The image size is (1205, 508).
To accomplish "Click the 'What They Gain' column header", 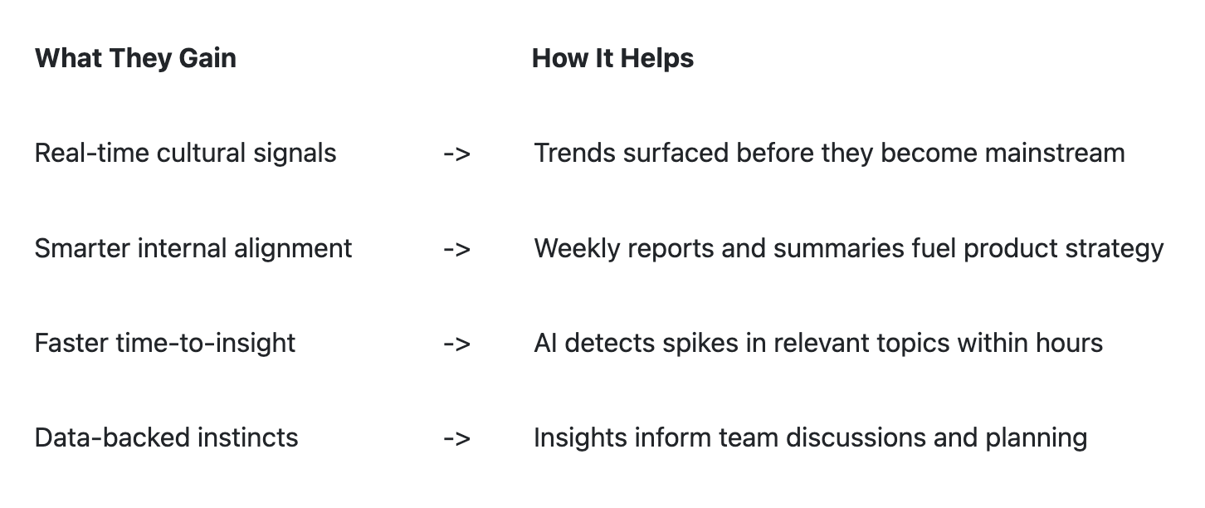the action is click(x=135, y=59).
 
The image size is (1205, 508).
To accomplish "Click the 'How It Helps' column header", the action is click(x=612, y=58).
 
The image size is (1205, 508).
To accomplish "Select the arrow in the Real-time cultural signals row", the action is click(x=456, y=154).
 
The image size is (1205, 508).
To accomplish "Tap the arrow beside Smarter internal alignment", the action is click(x=456, y=250).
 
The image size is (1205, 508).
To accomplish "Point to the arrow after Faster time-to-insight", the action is click(x=456, y=344).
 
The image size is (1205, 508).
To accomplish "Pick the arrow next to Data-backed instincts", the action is click(x=456, y=439).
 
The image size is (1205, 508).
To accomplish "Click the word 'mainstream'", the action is click(x=1055, y=153).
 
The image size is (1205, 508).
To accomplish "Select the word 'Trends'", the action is click(x=574, y=153).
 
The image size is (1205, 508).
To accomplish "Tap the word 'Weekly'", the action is click(x=577, y=249).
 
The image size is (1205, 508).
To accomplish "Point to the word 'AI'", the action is click(x=545, y=344).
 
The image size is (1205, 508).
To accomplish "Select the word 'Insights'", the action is click(x=580, y=438).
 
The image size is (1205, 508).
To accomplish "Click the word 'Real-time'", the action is click(x=91, y=153).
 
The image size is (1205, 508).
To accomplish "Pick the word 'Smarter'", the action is click(x=82, y=248).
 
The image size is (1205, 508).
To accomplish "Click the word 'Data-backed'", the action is click(x=112, y=438).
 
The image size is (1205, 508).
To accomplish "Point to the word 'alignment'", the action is click(x=293, y=249).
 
